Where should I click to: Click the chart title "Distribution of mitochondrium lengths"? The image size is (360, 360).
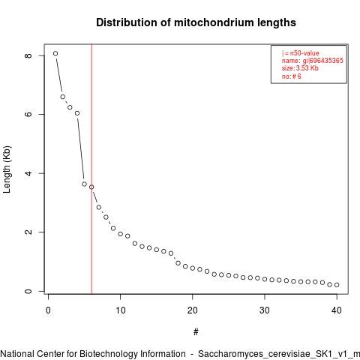click(196, 22)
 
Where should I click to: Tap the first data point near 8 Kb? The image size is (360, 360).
click(55, 53)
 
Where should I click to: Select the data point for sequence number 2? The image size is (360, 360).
click(63, 97)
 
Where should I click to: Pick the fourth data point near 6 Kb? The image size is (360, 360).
click(77, 113)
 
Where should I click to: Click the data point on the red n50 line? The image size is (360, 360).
click(91, 187)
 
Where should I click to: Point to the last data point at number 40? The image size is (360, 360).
click(337, 285)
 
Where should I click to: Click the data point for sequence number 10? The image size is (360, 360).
click(121, 234)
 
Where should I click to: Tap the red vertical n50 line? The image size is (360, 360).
click(91, 169)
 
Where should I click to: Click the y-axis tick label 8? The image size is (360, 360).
click(28, 55)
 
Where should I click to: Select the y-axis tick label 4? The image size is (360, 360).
click(28, 173)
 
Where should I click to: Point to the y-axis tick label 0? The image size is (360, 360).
click(28, 291)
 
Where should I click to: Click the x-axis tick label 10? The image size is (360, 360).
click(121, 310)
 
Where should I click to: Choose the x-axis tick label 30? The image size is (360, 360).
click(265, 310)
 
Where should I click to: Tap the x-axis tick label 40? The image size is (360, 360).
click(337, 310)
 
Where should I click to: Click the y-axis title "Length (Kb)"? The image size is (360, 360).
click(7, 169)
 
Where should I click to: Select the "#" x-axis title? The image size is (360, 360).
click(196, 332)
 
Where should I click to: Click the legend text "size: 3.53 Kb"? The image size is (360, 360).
click(300, 68)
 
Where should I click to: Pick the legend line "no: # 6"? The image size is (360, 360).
click(292, 76)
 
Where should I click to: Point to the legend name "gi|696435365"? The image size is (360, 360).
click(322, 61)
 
